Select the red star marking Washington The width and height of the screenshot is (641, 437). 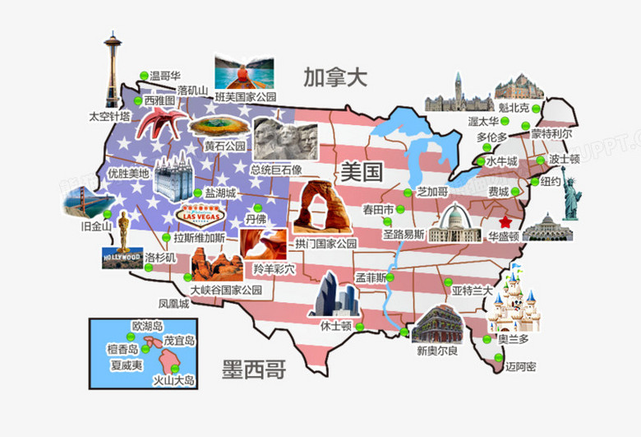click(505, 222)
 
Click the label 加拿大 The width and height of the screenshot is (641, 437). click(334, 79)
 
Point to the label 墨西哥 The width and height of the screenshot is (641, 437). click(255, 370)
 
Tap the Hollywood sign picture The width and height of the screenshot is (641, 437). click(121, 258)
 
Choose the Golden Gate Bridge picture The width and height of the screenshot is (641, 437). click(81, 201)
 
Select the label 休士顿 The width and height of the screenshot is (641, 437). click(335, 325)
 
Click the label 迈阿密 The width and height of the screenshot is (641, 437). click(520, 366)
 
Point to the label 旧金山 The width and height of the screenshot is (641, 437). click(96, 225)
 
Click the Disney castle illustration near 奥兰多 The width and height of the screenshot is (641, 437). click(510, 300)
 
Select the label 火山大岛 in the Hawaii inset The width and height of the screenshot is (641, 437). click(175, 380)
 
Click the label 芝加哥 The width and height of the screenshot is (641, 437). click(432, 191)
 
